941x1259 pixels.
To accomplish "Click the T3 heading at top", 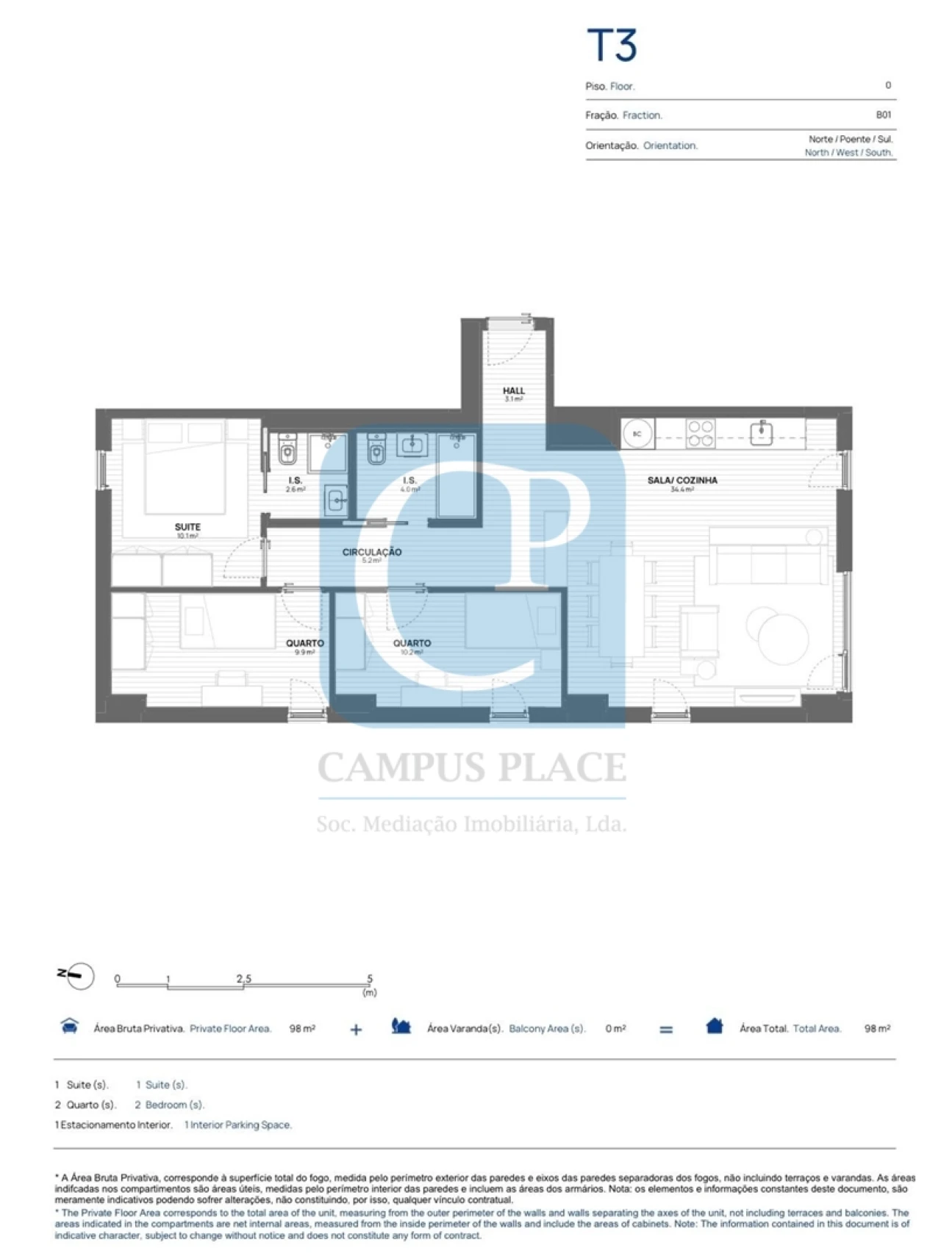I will pyautogui.click(x=611, y=45).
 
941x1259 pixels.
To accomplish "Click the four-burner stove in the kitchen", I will pyautogui.click(x=700, y=433).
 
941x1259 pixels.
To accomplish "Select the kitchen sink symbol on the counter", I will pyautogui.click(x=761, y=433).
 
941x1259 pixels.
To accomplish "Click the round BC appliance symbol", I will pyautogui.click(x=637, y=434).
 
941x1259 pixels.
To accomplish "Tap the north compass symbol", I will pyautogui.click(x=76, y=975).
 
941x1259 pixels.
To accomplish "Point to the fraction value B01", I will pyautogui.click(x=883, y=115).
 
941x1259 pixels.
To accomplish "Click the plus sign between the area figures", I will pyautogui.click(x=356, y=1030).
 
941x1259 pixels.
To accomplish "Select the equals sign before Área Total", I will pyautogui.click(x=665, y=1030).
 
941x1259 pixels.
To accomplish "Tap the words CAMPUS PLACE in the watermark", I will pyautogui.click(x=471, y=767).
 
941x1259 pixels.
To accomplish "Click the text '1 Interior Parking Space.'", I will pyautogui.click(x=237, y=1125).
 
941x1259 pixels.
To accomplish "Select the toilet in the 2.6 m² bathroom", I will pyautogui.click(x=287, y=451).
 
